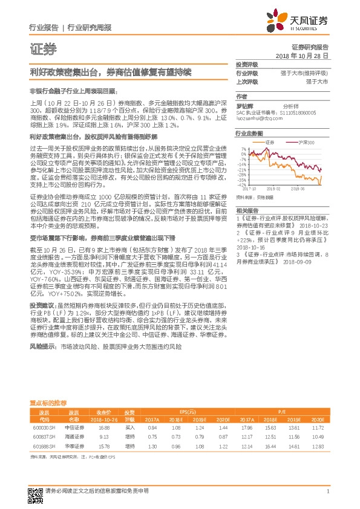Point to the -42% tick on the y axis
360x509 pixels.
[x=241, y=185]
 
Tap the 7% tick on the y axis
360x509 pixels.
[x=243, y=148]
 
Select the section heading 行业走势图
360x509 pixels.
[x=249, y=133]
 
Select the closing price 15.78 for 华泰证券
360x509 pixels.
[x=103, y=446]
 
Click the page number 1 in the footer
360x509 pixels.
[x=327, y=491]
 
